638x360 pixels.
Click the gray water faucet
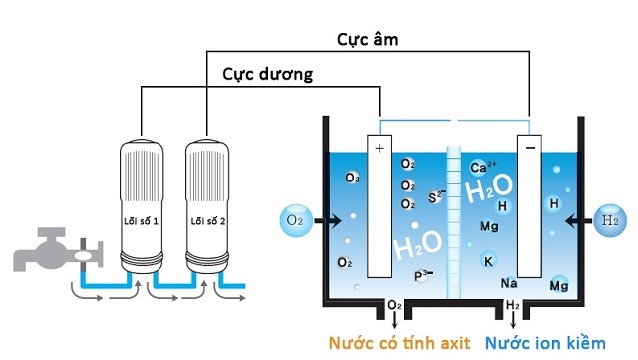46,249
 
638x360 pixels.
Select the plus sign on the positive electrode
379,148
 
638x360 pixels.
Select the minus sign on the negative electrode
530,147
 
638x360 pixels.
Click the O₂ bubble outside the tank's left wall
295,218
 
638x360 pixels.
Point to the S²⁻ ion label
436,196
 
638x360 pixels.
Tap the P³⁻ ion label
425,273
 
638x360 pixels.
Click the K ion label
488,261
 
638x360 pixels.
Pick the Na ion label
508,283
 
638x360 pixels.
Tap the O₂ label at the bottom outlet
394,304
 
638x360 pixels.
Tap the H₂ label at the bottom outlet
513,304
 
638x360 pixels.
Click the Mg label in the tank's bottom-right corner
558,286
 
